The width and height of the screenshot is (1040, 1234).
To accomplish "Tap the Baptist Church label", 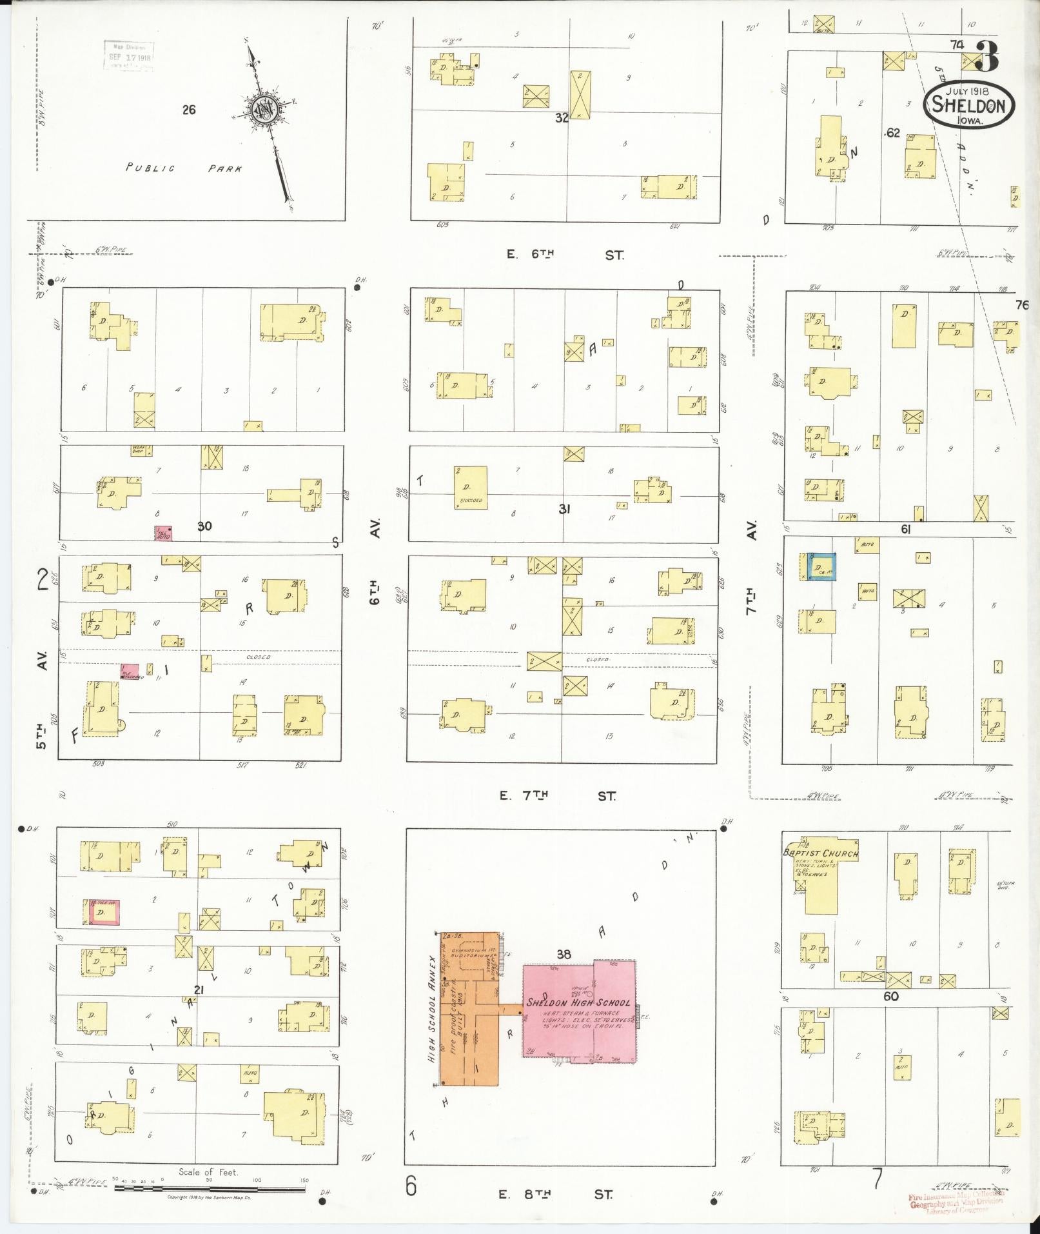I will [821, 853].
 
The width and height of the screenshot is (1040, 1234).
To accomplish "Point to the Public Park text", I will [184, 168].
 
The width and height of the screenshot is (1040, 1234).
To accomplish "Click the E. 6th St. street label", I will [565, 255].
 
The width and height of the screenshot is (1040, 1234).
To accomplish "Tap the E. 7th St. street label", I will [557, 796].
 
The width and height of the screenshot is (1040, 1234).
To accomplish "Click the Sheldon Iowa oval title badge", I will [968, 105].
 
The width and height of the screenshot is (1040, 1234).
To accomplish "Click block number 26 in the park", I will [188, 110].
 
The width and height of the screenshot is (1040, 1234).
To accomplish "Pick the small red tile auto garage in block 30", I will [162, 533].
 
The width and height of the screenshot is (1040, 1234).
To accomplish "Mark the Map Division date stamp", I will [129, 56].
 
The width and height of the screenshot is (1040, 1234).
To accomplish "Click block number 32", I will [562, 118].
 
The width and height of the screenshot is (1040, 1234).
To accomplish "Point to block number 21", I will [199, 990].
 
